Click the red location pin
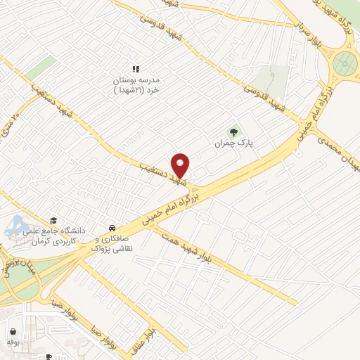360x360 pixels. pos(181,164)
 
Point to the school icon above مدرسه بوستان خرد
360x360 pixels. pos(136,69)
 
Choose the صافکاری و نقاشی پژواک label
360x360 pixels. pos(112,243)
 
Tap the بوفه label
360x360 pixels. pos(13,342)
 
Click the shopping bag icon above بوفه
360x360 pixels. pos(13,330)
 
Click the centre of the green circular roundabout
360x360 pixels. pos(345,65)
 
